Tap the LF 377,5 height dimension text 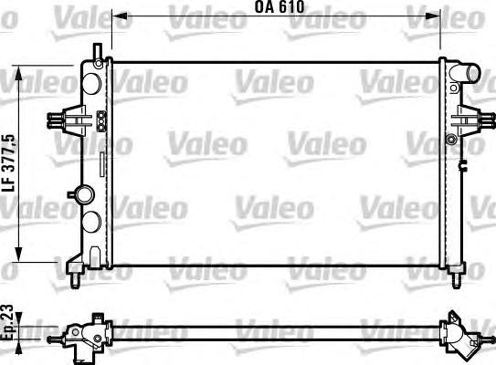(x=8, y=163)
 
